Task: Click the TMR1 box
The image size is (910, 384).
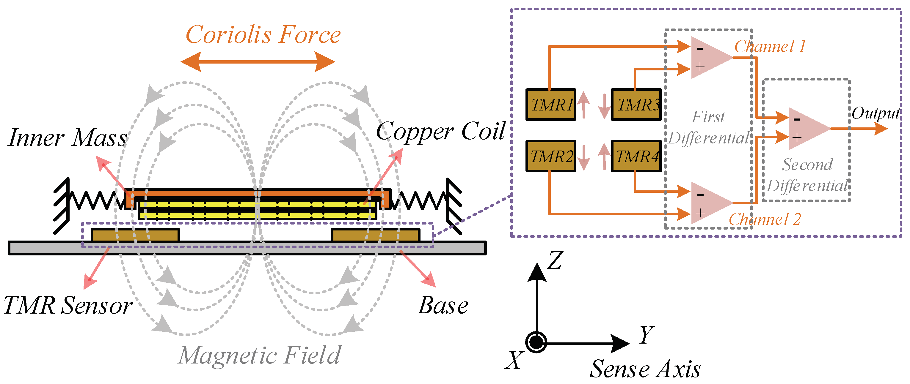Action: tap(551, 105)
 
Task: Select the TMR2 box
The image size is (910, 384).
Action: tap(551, 156)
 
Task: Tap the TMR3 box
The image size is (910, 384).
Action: tap(636, 105)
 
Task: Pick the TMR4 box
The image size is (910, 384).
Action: tap(636, 156)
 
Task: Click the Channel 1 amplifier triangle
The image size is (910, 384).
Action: tap(708, 58)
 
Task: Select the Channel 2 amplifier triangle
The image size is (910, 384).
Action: tap(708, 203)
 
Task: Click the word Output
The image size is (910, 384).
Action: tap(876, 113)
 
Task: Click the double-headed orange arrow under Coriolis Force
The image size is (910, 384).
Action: tap(258, 62)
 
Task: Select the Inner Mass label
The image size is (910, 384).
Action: tap(67, 138)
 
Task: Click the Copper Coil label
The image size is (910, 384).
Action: tap(440, 131)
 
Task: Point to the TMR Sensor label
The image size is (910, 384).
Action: tap(68, 305)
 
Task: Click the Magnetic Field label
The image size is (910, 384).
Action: tap(259, 355)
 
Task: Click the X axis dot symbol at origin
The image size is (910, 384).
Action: tap(536, 342)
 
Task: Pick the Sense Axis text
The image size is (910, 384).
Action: tap(645, 369)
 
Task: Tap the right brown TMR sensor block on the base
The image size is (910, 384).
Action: tap(376, 235)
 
